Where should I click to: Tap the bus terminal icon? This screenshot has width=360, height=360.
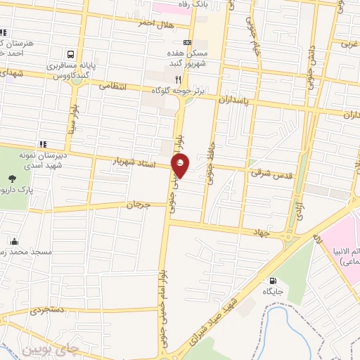70,54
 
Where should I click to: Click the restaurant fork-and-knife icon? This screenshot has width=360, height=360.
178,79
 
